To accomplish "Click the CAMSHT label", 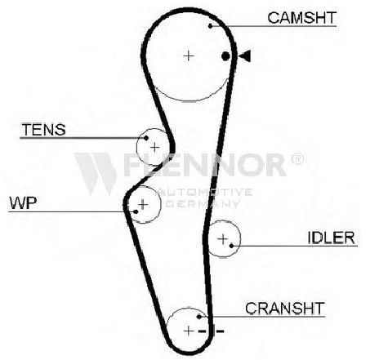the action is pos(302,18).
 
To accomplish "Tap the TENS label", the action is pos(44,130).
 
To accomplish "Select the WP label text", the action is pos(23,202).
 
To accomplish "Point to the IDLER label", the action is pos(331,238).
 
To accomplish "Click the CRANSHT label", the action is pos(285,309).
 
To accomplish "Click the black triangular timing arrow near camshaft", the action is pos(244,56).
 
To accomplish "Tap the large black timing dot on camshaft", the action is pos(225,56).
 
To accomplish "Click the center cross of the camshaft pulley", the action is pos(189,56).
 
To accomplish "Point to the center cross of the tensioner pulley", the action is pos(154,148).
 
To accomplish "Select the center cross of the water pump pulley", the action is pos(143,204).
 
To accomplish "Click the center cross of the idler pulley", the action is pos(223,239).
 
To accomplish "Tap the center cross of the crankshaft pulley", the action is pos(189,331).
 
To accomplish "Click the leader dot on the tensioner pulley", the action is pos(146,138).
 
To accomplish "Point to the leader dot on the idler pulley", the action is pos(231,246).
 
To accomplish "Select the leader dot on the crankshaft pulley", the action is pos(199,317).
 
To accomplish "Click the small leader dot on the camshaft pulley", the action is pos(210,26).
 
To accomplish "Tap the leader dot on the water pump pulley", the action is pos(136,211).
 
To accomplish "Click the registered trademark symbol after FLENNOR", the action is pos(299,159).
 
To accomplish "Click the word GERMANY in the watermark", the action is pos(203,203).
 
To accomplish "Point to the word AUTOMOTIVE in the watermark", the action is pos(206,192).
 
